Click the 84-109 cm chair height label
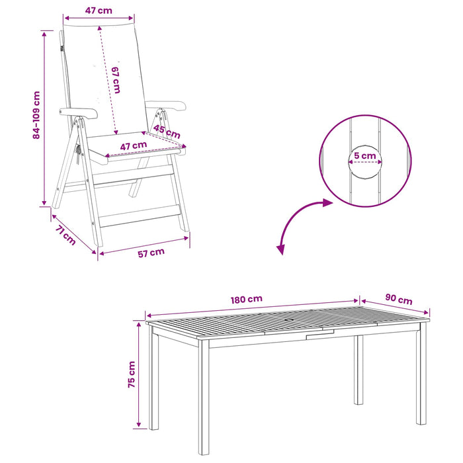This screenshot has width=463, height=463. coord(36,115)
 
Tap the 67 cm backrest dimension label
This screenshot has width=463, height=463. coord(116,80)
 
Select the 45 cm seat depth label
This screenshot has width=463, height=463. coord(167,132)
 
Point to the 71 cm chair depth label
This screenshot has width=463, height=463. coord(65,235)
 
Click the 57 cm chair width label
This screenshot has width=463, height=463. coord(151,253)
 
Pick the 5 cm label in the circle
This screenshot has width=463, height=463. coord(365,155)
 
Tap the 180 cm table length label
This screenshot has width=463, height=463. coord(247,300)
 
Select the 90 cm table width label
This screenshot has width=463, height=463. coord(399,299)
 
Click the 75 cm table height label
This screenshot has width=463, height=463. coord(132,374)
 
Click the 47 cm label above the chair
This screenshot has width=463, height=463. coord(99,11)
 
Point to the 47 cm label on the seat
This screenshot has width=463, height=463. coord(134,146)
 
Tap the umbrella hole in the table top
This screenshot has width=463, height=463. coord(290,321)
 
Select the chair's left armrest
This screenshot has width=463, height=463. coord(79,113)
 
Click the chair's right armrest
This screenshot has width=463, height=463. coord(166,105)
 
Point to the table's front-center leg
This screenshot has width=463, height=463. coord(204,397)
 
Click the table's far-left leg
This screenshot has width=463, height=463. coord(153,377)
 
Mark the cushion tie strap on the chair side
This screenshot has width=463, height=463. coord(78,153)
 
